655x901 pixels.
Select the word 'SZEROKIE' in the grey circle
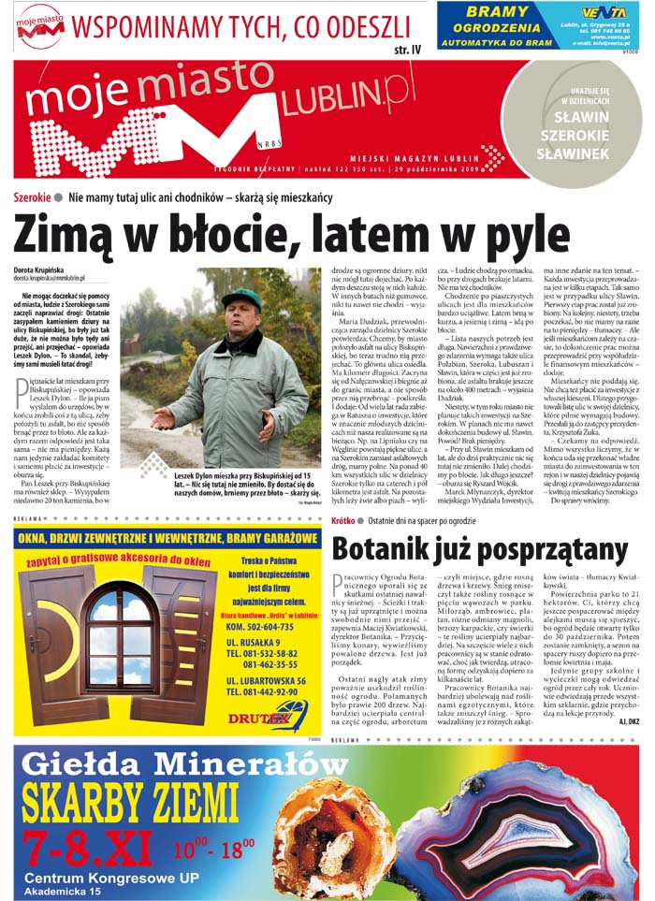(580, 137)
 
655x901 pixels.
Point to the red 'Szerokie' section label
(32, 197)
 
